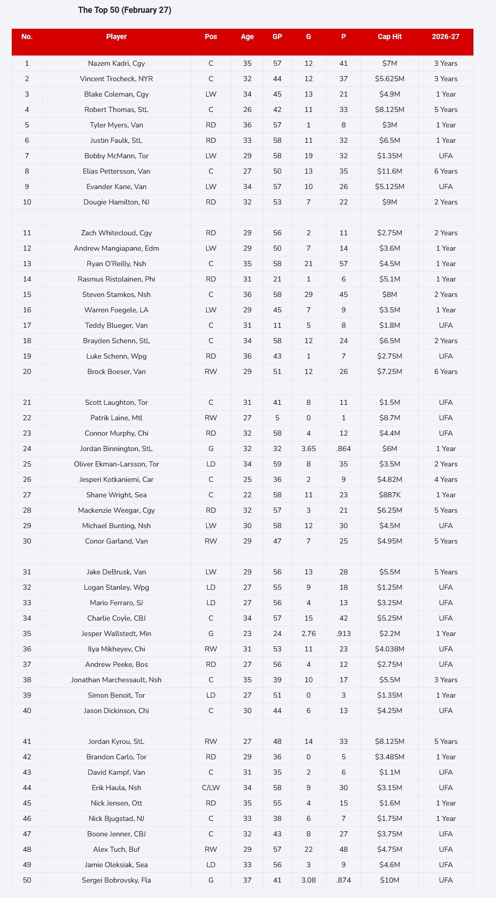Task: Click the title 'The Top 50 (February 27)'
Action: pyautogui.click(x=124, y=10)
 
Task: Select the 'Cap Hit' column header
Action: pyautogui.click(x=390, y=37)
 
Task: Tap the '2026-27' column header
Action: pyautogui.click(x=446, y=37)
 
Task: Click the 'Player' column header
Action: pyautogui.click(x=117, y=37)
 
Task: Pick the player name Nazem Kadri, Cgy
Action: pyautogui.click(x=117, y=64)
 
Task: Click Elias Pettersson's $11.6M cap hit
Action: pyautogui.click(x=390, y=172)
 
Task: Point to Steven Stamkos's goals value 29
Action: pyautogui.click(x=308, y=295)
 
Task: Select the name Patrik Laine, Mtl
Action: pyautogui.click(x=117, y=418)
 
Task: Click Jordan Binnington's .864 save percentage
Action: pyautogui.click(x=343, y=449)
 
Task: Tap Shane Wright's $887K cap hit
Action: pyautogui.click(x=390, y=495)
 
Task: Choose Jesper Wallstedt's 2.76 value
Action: pyautogui.click(x=308, y=634)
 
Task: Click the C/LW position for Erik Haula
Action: pyautogui.click(x=211, y=788)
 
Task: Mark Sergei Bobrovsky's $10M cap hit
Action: pyautogui.click(x=390, y=881)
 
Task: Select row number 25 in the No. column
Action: pyautogui.click(x=27, y=464)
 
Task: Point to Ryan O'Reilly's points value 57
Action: pyautogui.click(x=343, y=264)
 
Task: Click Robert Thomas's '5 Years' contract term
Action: pyautogui.click(x=446, y=110)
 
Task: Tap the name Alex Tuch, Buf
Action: pyautogui.click(x=117, y=850)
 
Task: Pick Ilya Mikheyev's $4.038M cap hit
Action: pyautogui.click(x=390, y=649)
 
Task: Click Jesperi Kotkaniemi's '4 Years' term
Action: pyautogui.click(x=446, y=480)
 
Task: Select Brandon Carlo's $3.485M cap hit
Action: pyautogui.click(x=390, y=757)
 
